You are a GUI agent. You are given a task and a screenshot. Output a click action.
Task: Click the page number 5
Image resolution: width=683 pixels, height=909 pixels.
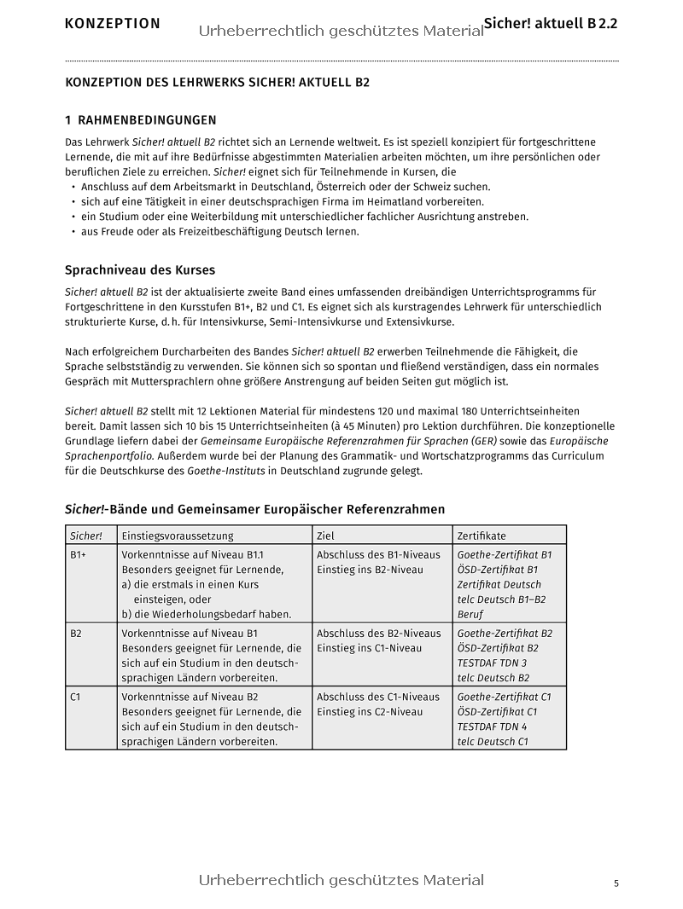tap(616, 883)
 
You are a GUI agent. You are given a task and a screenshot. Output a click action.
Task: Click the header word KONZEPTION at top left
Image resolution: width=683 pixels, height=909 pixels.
tap(112, 24)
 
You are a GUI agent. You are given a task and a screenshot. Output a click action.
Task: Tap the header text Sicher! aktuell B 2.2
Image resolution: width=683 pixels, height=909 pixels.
tap(551, 23)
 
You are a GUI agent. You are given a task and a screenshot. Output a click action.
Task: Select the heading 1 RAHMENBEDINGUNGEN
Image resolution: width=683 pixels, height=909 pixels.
tap(141, 120)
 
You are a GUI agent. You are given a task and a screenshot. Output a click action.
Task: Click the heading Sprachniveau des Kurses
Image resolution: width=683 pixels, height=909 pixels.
tap(140, 270)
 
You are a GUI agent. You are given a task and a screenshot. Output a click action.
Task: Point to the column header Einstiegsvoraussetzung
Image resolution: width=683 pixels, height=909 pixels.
tap(177, 536)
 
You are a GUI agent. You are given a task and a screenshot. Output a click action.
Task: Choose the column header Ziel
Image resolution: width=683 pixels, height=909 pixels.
tap(325, 536)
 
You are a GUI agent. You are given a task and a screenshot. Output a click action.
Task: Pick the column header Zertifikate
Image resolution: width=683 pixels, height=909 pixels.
tap(482, 536)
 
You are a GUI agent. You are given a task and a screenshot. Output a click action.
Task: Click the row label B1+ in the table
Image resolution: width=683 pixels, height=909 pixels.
tap(79, 554)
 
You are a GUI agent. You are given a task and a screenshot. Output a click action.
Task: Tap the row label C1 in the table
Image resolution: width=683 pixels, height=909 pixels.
tap(76, 697)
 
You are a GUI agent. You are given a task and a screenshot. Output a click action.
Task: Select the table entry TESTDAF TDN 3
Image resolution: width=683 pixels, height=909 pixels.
tap(492, 663)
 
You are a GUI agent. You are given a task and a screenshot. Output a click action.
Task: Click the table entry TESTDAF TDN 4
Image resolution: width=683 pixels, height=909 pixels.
tap(492, 727)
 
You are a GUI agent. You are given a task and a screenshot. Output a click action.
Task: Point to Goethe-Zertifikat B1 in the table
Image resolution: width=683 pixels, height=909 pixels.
tap(505, 554)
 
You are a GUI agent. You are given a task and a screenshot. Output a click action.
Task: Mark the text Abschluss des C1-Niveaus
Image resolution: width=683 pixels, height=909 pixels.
tap(378, 697)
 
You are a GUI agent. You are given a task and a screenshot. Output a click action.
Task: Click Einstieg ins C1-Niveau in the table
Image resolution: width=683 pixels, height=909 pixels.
tap(370, 648)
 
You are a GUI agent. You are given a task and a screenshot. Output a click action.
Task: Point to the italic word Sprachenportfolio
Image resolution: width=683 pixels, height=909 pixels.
tap(109, 456)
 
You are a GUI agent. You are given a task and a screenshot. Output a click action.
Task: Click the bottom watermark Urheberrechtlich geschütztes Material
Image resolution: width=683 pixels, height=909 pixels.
tap(341, 880)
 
